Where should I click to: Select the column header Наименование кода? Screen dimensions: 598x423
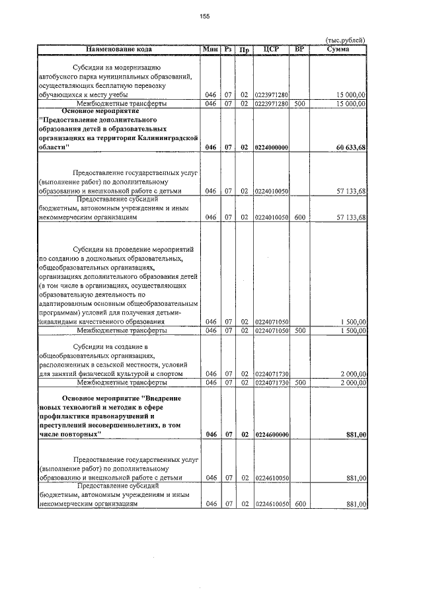[119, 49]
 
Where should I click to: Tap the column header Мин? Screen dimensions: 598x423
[211, 49]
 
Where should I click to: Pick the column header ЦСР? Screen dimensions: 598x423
[271, 49]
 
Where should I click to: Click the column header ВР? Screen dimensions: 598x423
[299, 49]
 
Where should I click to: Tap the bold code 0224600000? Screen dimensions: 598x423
[271, 434]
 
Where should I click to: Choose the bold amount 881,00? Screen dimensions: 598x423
[356, 434]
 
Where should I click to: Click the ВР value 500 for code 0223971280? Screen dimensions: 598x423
[299, 104]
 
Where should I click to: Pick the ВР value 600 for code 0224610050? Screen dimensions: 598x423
[299, 504]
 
